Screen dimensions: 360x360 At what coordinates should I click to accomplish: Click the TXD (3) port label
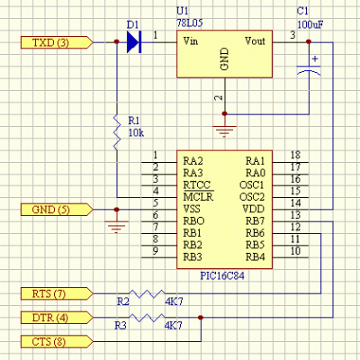click(x=57, y=42)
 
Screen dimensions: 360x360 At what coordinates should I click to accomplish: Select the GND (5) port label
click(x=57, y=210)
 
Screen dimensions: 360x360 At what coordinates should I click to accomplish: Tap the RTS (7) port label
click(x=57, y=293)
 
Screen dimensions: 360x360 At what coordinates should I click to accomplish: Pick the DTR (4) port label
click(x=57, y=318)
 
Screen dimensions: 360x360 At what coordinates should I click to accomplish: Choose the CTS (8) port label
click(x=57, y=341)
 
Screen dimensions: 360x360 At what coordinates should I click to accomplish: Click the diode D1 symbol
click(x=134, y=42)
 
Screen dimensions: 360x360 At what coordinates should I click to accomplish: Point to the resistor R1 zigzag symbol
click(x=117, y=132)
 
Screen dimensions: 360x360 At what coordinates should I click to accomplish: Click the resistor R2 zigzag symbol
click(x=147, y=293)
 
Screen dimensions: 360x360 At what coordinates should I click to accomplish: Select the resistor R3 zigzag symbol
click(x=147, y=318)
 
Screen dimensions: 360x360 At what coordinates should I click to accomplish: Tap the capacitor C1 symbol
click(x=309, y=69)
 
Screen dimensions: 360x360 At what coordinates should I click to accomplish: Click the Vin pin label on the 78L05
click(x=191, y=40)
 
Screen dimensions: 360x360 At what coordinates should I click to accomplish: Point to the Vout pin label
click(x=255, y=40)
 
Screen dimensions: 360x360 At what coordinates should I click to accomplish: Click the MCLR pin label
click(x=198, y=197)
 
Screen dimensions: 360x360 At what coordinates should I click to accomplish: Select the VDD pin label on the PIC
click(x=254, y=209)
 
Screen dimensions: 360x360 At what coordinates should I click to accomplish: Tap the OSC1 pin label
click(x=252, y=184)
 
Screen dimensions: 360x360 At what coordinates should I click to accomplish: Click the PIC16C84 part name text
click(x=222, y=275)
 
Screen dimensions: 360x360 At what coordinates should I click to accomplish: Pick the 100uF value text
click(x=310, y=24)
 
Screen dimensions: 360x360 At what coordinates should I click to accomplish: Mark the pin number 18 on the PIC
click(x=295, y=155)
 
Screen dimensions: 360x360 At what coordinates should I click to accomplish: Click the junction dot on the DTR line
click(x=201, y=318)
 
